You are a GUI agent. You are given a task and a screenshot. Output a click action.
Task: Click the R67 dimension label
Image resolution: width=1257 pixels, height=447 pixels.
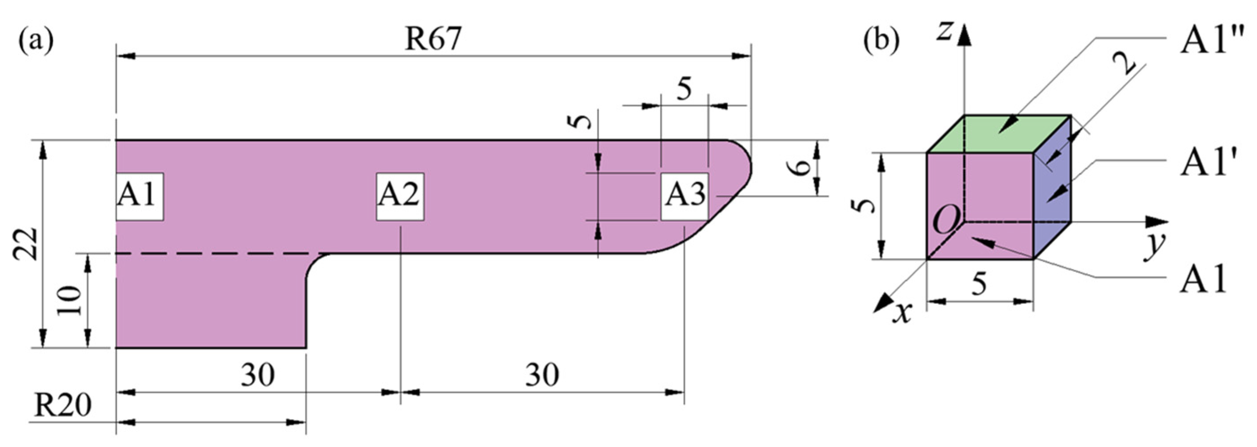[432, 39]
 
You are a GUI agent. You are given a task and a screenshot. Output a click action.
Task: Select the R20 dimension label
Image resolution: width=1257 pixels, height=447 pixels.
[63, 406]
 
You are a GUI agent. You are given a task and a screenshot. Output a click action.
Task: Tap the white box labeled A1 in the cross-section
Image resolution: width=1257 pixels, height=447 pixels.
[139, 196]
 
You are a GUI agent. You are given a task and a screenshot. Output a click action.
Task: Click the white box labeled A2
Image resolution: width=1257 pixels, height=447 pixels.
[400, 196]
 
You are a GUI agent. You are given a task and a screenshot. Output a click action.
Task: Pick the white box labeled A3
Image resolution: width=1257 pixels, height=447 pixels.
[684, 196]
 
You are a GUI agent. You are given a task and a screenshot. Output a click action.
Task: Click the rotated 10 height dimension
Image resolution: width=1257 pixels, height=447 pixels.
[70, 300]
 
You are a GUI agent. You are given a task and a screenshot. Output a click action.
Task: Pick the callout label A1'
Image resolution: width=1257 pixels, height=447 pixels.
[1205, 160]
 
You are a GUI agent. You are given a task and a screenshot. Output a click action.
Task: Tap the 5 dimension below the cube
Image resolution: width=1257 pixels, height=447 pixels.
[978, 283]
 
